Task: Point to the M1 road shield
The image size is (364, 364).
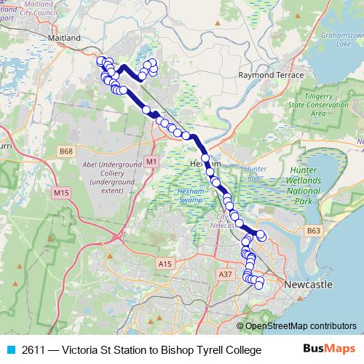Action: (151, 161)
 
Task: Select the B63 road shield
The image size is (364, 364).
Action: (314, 231)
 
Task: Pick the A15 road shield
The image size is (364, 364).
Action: (165, 264)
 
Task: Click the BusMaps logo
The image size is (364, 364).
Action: (328, 349)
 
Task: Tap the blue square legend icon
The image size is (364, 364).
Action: (10, 350)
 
